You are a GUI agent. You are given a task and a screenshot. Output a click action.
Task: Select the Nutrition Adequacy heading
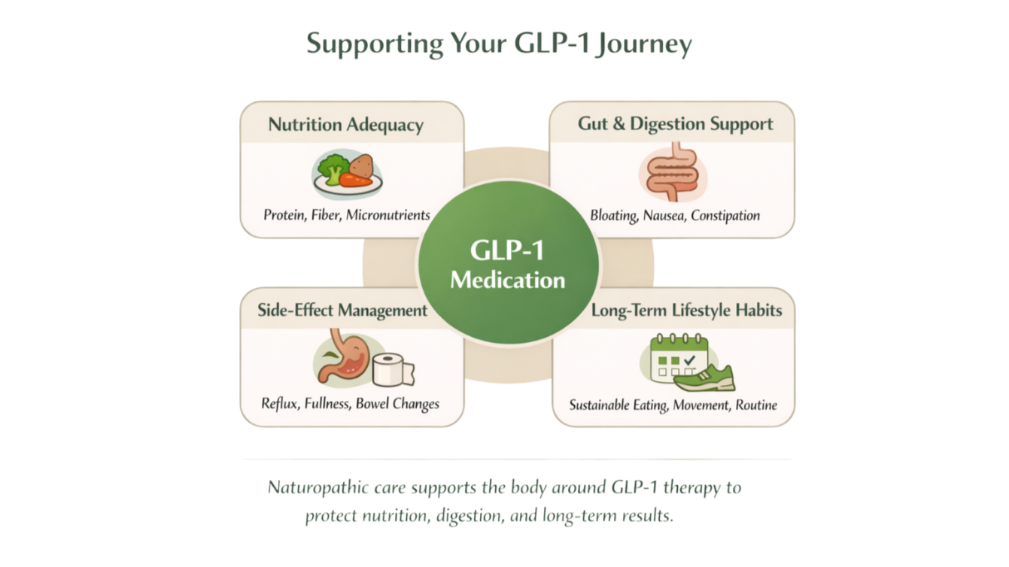click(345, 125)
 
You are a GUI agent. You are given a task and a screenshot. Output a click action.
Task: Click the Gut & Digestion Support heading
click(675, 124)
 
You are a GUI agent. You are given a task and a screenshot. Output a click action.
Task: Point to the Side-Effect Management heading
click(342, 311)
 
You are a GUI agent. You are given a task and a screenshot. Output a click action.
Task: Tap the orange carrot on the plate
click(355, 180)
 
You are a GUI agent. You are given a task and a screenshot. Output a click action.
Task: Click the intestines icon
click(673, 174)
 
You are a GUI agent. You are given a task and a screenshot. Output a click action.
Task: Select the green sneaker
click(705, 379)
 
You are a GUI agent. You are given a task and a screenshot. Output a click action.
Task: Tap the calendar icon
click(678, 358)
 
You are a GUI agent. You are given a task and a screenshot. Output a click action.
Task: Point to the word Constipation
click(725, 216)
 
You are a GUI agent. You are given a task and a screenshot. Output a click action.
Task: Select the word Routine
click(756, 405)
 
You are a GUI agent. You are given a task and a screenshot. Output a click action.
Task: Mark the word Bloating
click(614, 216)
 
